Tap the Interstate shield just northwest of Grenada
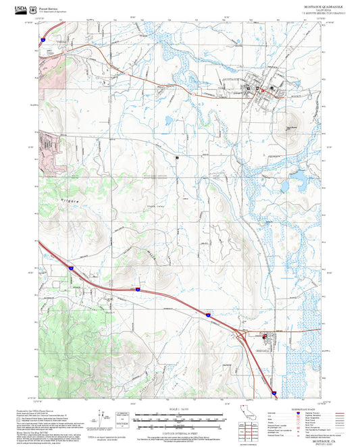[x=207, y=315]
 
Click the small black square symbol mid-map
[x=177, y=156]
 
